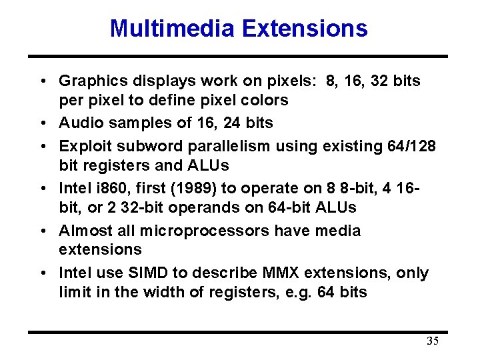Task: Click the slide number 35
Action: (x=433, y=342)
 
